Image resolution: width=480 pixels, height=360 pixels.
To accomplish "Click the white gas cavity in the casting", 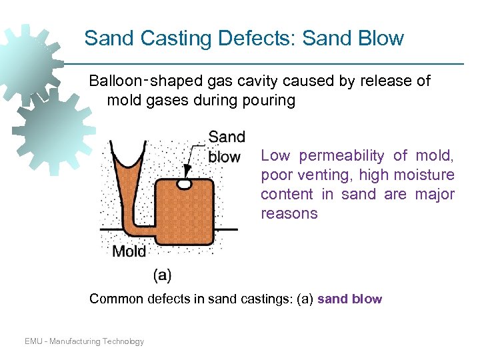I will (x=184, y=182).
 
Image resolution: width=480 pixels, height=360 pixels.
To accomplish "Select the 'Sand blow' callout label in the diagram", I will (x=226, y=147).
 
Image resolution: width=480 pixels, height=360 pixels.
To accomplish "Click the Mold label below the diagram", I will (x=129, y=251).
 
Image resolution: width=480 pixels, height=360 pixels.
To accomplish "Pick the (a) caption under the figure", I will (x=162, y=274).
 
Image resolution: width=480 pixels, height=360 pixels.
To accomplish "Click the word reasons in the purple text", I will (x=289, y=214).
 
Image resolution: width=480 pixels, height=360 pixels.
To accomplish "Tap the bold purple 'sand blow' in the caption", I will (x=349, y=299).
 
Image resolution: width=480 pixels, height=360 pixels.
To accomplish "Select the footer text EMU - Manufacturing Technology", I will (x=84, y=341).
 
